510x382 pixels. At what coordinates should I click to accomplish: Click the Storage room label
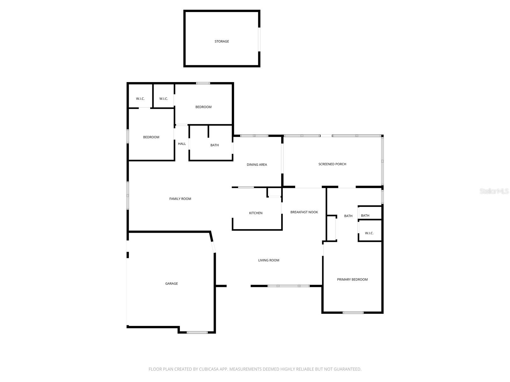click(222, 41)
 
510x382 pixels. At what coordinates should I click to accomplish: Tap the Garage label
click(171, 284)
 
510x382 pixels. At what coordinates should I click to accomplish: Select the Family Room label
click(180, 199)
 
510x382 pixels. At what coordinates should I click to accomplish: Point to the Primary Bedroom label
click(352, 279)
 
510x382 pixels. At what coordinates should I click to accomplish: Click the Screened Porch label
click(332, 164)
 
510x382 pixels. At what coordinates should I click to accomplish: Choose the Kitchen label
click(256, 213)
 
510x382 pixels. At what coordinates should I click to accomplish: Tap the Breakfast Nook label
click(304, 212)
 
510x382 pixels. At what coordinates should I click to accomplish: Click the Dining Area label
click(257, 165)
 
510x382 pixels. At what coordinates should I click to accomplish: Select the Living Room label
click(268, 260)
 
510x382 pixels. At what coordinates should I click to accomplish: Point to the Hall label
click(182, 144)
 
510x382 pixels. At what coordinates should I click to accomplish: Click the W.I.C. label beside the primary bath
click(369, 233)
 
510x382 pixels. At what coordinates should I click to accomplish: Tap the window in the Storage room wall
click(259, 39)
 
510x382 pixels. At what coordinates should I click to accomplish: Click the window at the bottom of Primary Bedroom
click(353, 313)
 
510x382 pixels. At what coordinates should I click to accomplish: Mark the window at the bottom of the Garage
click(197, 332)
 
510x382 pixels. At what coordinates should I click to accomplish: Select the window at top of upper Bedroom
click(203, 83)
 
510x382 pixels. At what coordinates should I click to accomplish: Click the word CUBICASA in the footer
click(211, 369)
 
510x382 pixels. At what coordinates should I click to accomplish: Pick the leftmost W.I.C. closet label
click(140, 99)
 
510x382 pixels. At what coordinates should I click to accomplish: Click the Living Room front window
click(288, 286)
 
